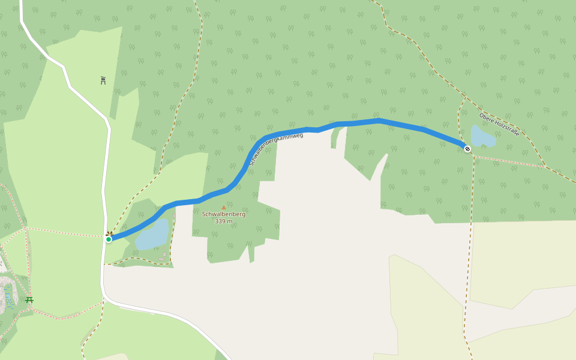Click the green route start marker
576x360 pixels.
tap(109, 239)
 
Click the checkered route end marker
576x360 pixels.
tap(467, 148)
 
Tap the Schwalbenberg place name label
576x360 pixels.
tap(223, 214)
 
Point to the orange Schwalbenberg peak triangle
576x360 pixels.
tap(224, 208)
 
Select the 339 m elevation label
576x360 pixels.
tap(223, 221)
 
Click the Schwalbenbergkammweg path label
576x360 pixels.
tap(276, 149)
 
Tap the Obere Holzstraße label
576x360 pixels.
tap(499, 124)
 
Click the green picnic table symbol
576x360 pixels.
tap(29, 299)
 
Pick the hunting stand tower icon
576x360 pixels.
tap(103, 80)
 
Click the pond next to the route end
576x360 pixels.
tap(482, 137)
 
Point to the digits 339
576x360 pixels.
tap(220, 221)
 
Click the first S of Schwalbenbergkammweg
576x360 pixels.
tap(251, 163)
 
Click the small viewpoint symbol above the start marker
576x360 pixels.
tap(109, 233)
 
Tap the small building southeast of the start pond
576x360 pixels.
tap(164, 254)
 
